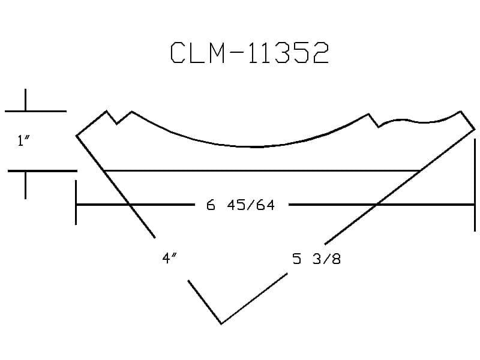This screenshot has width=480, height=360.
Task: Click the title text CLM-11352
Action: pos(250,53)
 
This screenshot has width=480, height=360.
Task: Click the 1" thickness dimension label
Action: pos(23,141)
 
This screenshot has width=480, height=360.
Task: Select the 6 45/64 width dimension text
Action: pos(241,205)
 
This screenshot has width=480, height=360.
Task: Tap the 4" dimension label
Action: pos(169,258)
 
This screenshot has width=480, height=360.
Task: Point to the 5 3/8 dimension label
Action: pos(316,259)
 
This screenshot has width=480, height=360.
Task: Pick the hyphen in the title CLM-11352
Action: pos(236,52)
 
